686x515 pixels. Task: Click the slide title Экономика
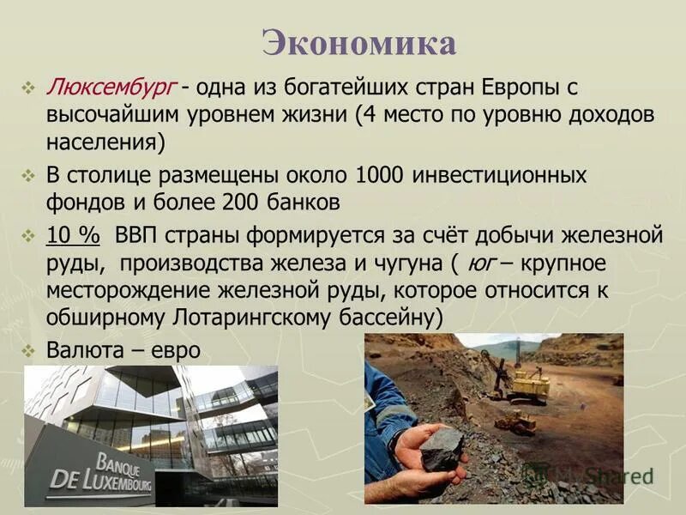click(x=358, y=43)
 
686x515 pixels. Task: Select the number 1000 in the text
click(x=375, y=176)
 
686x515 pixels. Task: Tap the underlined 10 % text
click(x=74, y=234)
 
